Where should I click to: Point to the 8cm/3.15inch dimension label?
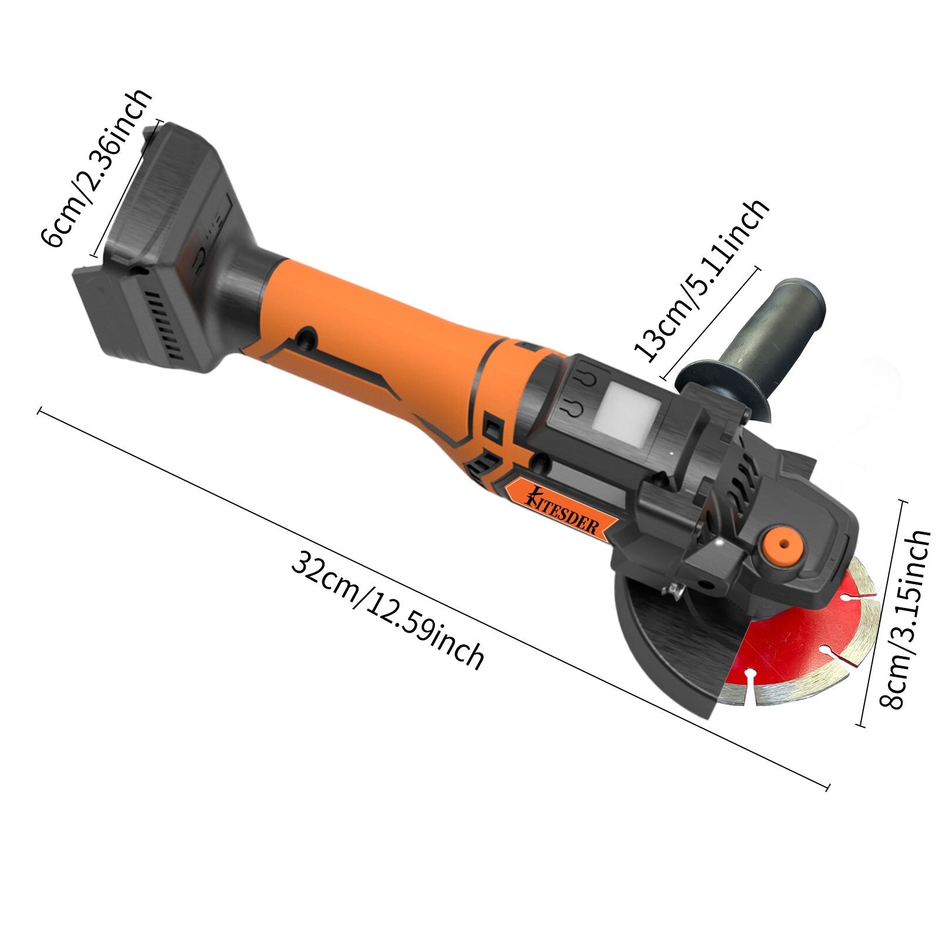coord(905,619)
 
